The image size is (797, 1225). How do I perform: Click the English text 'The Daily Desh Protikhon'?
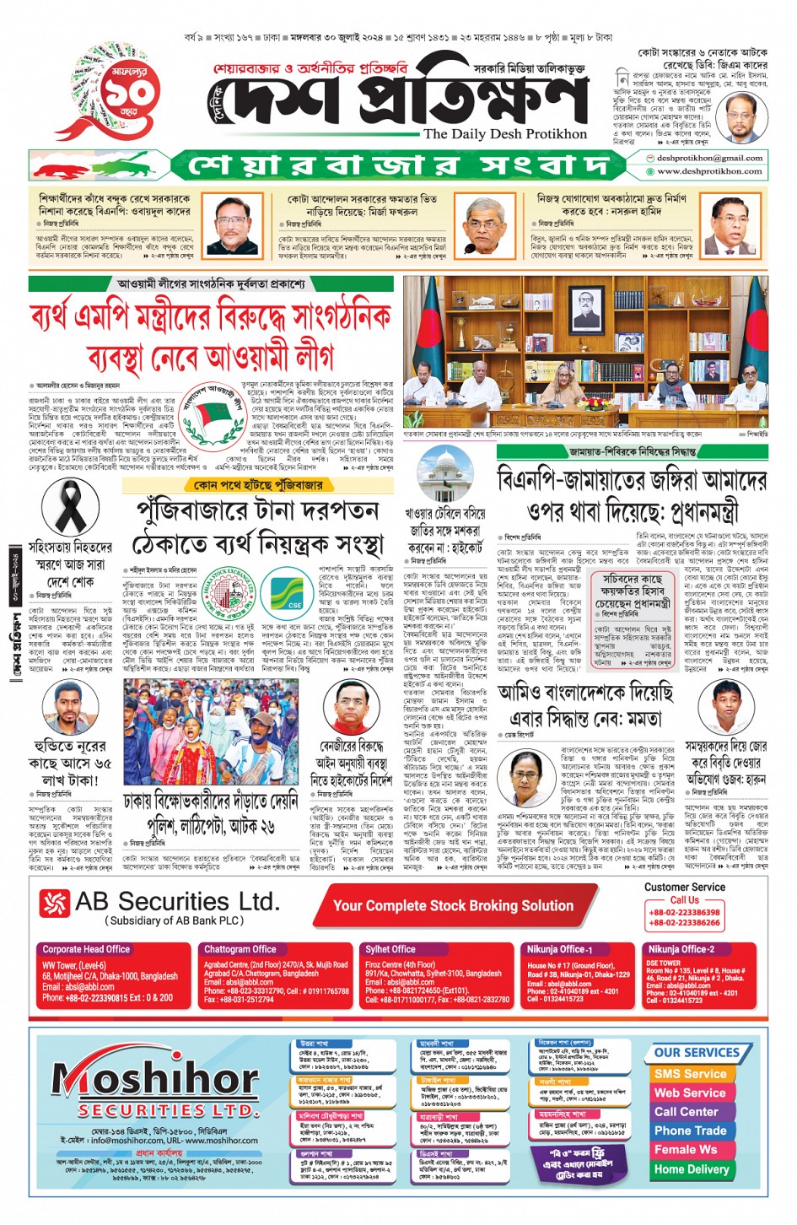(x=505, y=133)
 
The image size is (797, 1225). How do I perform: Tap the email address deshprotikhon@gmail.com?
(x=709, y=158)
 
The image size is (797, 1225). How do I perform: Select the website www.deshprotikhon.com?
(x=709, y=170)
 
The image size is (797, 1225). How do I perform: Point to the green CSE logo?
(x=284, y=593)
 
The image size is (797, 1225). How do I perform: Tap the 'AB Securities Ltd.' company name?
(x=175, y=903)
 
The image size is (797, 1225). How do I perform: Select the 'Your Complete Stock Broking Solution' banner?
(x=453, y=905)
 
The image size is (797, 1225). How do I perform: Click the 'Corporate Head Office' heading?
(x=86, y=949)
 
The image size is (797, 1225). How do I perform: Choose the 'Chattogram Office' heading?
(x=240, y=949)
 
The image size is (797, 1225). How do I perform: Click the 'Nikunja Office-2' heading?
(x=681, y=949)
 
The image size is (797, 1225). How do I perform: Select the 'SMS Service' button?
(x=689, y=1073)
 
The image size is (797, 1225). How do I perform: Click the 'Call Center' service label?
(x=686, y=1111)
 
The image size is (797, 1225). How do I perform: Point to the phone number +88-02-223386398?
(x=684, y=912)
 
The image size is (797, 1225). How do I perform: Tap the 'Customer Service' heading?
(x=684, y=887)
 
